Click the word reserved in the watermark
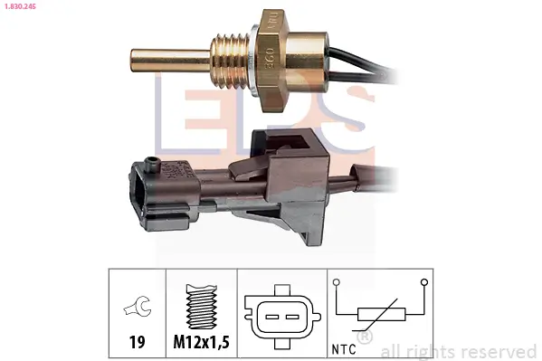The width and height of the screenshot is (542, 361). click(500, 351)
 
